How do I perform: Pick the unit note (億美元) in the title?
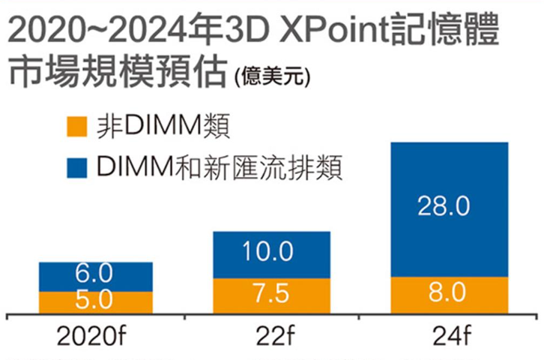[272, 77]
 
